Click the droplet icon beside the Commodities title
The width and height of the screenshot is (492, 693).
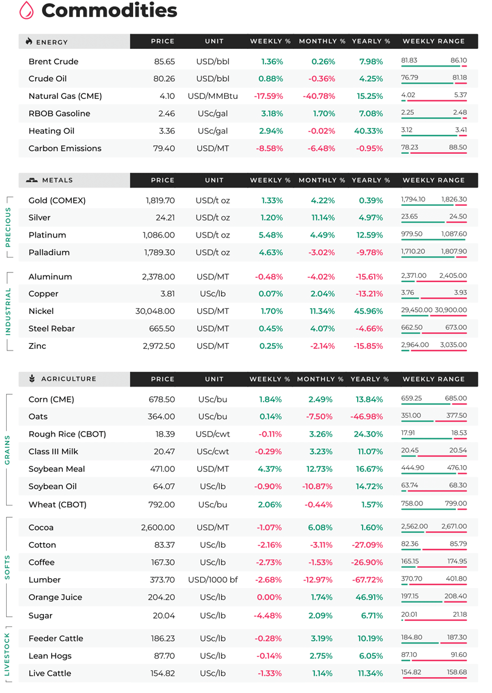[26, 10]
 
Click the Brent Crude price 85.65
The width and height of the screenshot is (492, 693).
[164, 62]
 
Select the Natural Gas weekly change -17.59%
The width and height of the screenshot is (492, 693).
[269, 96]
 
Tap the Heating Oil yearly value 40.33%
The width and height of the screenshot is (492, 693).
[368, 131]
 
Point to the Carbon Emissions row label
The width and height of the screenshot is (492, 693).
[65, 148]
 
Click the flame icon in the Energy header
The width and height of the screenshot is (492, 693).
[29, 41]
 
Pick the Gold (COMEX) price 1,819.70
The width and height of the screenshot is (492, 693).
[161, 200]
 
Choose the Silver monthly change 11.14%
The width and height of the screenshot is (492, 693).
[322, 217]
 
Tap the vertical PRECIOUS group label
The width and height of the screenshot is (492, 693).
[7, 227]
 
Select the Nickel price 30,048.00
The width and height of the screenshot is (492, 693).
[155, 311]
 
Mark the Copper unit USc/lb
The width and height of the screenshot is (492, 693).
[212, 294]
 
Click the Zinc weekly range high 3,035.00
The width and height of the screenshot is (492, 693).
[453, 345]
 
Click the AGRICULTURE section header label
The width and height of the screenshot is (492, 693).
[68, 379]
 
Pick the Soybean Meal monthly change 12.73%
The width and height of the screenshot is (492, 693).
[320, 469]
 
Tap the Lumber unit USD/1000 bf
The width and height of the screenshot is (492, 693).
[212, 580]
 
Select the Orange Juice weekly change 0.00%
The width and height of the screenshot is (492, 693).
[269, 598]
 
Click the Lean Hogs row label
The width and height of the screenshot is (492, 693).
[50, 656]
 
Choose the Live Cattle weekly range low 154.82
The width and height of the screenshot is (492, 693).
[411, 672]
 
